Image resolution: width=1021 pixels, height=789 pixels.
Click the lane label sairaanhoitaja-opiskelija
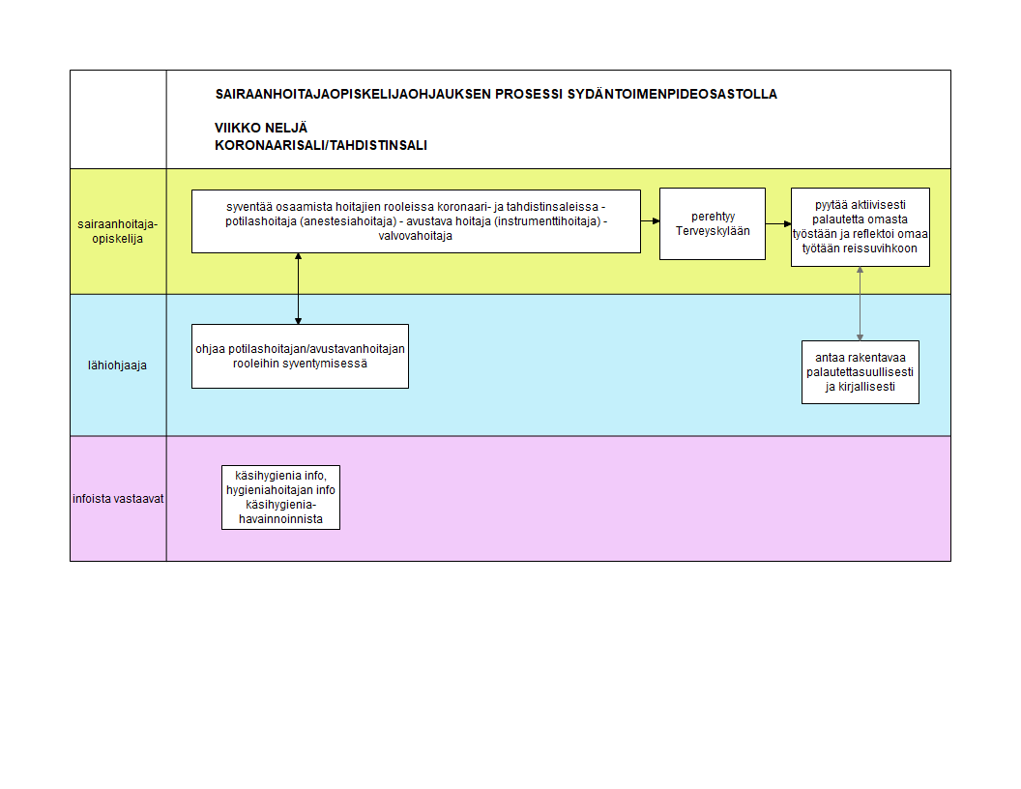(x=117, y=231)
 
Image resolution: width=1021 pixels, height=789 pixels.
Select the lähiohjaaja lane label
(x=117, y=365)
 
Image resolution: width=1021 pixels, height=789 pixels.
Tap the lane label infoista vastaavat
(x=118, y=499)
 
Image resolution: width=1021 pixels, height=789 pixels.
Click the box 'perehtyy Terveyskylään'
(x=713, y=224)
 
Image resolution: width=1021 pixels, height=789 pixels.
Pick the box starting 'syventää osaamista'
(x=416, y=221)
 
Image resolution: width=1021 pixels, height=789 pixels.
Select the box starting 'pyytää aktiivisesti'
(x=861, y=227)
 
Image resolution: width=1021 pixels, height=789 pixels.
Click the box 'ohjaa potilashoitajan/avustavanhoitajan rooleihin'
(x=300, y=356)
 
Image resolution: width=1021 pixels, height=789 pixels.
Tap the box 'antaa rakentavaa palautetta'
(x=861, y=372)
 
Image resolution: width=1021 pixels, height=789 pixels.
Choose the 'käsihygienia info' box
(x=280, y=497)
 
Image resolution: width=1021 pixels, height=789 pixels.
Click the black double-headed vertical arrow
(x=298, y=288)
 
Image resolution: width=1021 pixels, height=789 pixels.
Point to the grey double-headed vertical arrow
(x=861, y=304)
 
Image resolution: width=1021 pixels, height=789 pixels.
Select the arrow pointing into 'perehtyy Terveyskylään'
(x=650, y=221)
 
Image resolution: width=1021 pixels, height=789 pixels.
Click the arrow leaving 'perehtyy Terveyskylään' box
(x=778, y=224)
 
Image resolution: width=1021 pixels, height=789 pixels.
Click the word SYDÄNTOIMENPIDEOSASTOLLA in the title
(x=672, y=94)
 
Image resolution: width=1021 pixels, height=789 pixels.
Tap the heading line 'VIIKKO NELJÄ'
(x=261, y=128)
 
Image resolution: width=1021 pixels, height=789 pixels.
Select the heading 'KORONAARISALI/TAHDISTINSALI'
(x=321, y=145)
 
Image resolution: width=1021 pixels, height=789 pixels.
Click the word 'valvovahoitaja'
(x=416, y=236)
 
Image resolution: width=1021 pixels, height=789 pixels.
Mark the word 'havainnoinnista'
(x=280, y=519)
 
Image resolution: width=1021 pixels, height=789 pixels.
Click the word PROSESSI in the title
(x=529, y=94)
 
